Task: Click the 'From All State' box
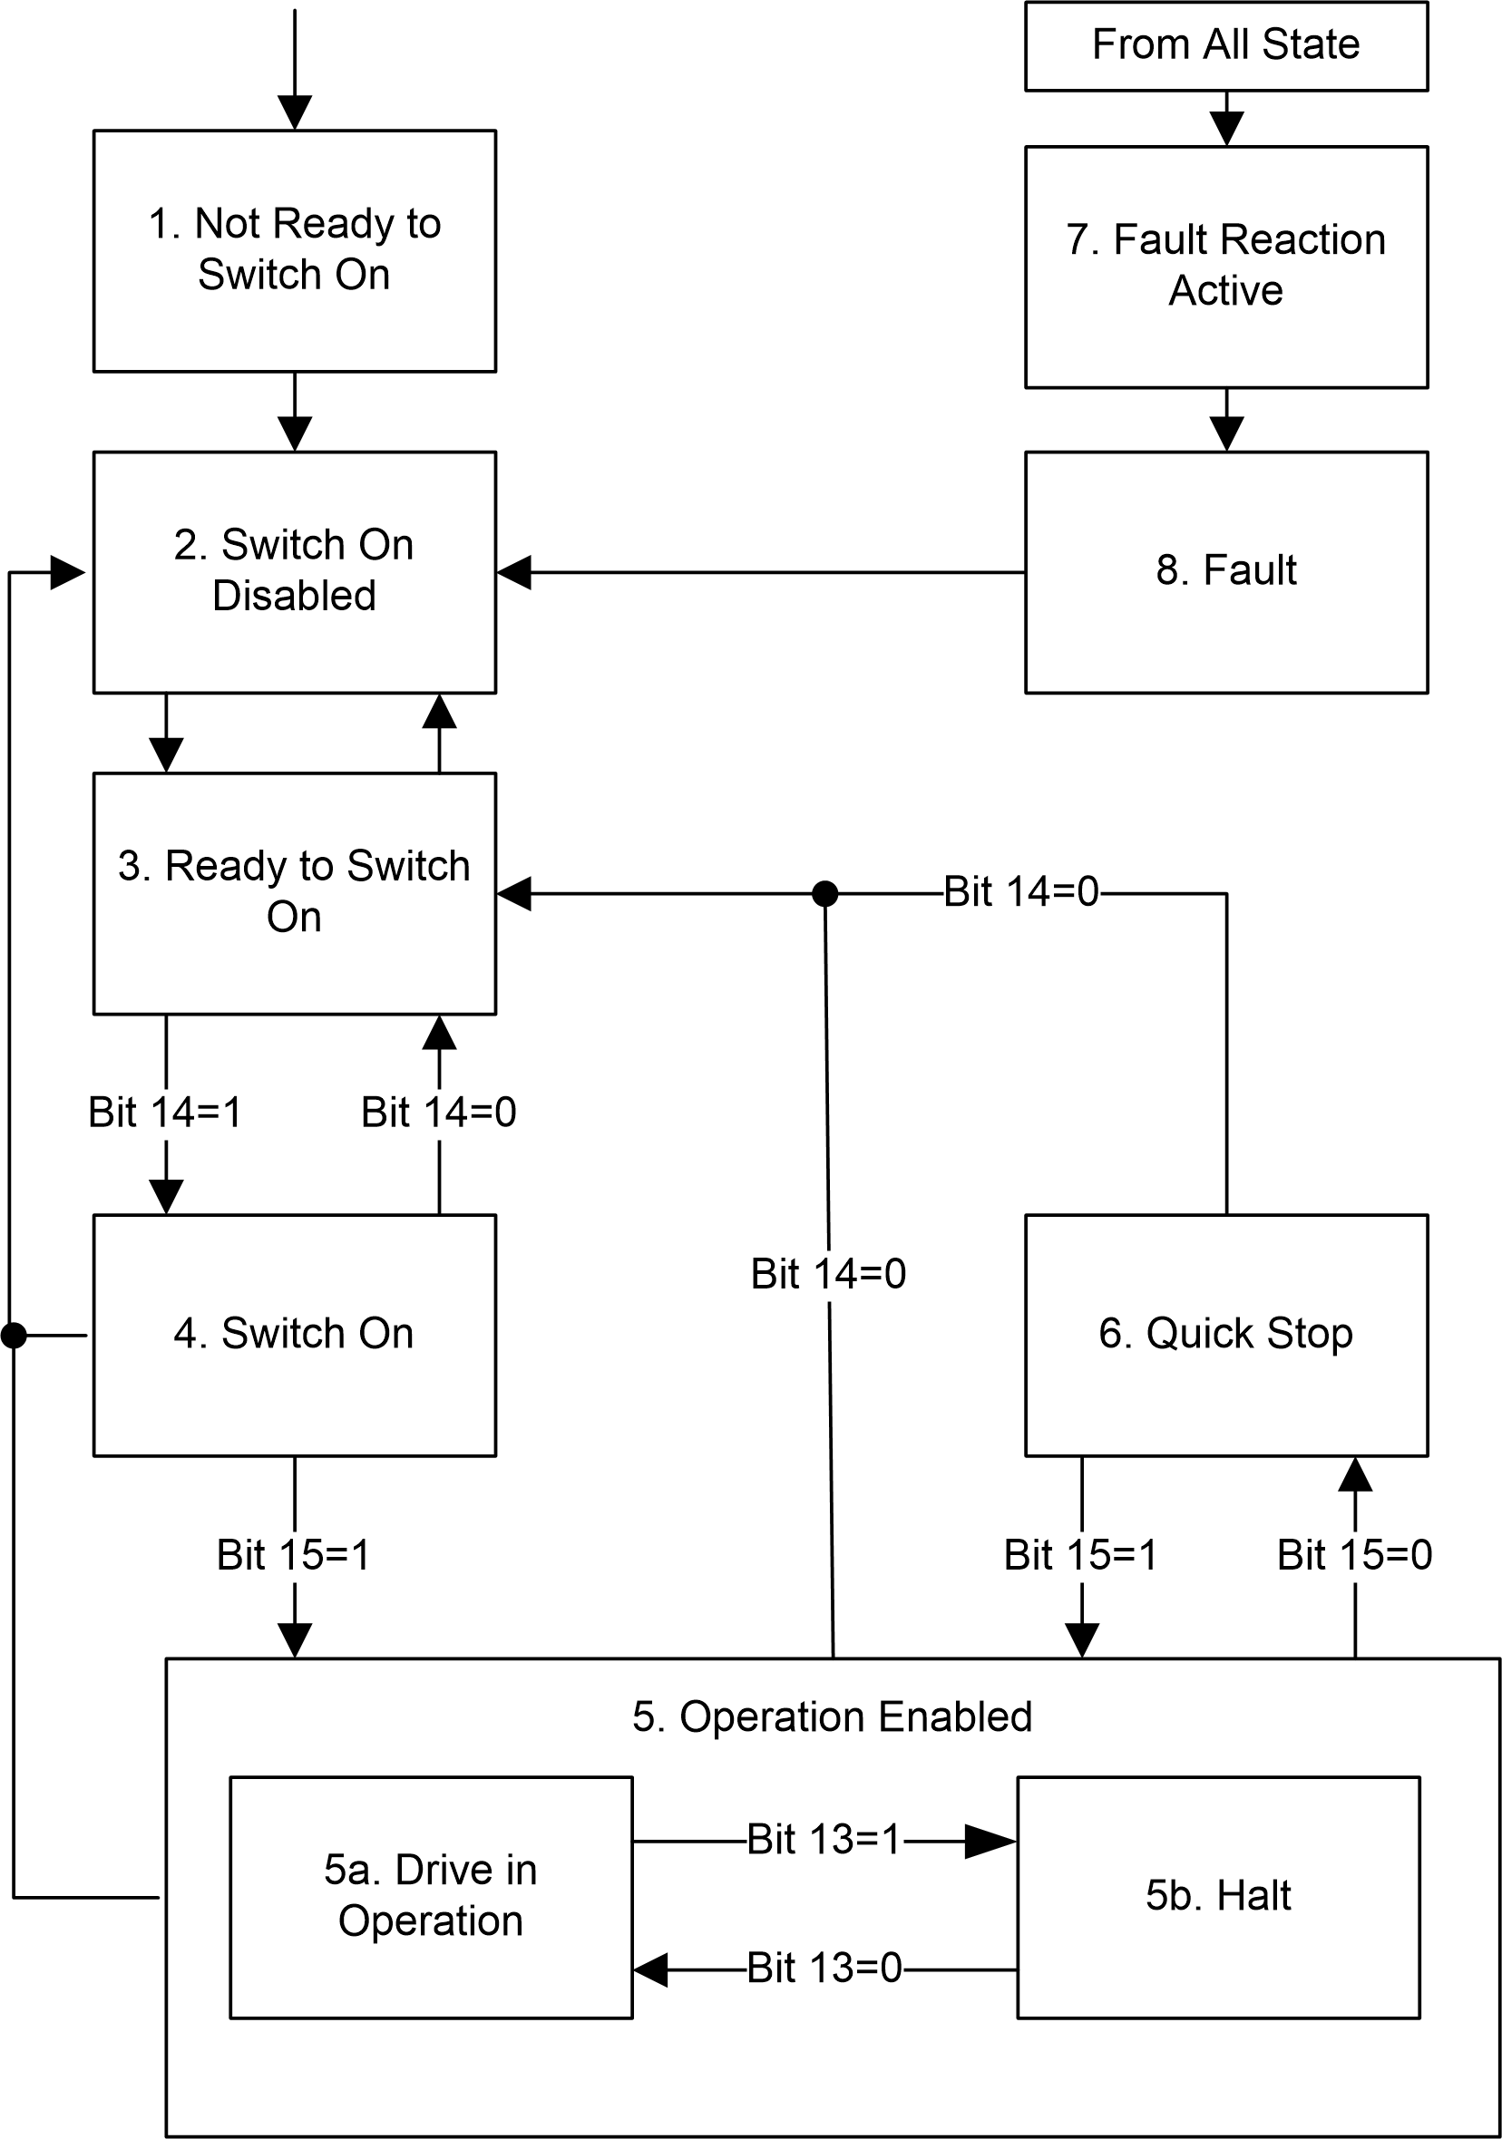[1225, 45]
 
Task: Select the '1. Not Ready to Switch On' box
[295, 249]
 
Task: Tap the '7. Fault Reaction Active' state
[1225, 267]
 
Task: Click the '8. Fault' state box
[1225, 571]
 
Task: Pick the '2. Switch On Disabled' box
[295, 571]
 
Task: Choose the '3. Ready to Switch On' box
[295, 892]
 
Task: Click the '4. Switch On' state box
[295, 1334]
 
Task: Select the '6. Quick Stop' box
[1225, 1334]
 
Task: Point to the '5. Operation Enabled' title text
[832, 1717]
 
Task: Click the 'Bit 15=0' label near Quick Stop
[1354, 1555]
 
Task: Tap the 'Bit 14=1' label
[165, 1113]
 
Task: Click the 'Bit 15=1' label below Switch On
[294, 1555]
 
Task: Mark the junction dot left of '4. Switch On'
[14, 1335]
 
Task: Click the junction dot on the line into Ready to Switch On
[824, 893]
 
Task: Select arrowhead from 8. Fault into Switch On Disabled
[514, 572]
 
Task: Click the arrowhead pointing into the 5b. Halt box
[991, 1841]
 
